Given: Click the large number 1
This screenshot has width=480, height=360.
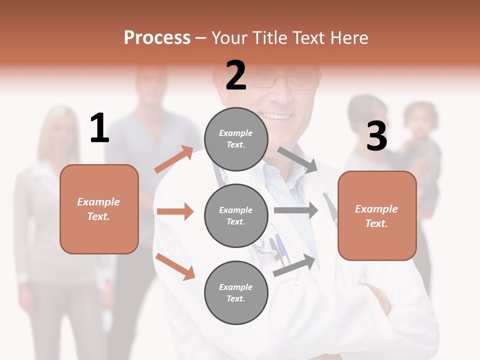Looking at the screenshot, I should [99, 128].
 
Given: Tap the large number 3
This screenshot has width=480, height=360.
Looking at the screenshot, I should [376, 136].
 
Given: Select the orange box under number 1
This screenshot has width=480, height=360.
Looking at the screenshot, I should [99, 209].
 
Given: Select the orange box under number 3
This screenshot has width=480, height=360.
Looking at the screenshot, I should [377, 216].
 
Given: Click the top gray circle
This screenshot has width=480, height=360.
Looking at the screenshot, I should [236, 139].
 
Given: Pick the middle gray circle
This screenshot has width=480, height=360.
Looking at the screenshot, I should [236, 215].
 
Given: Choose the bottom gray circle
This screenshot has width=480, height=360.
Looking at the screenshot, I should [236, 292].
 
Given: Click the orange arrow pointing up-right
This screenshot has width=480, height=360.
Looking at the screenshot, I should [174, 159].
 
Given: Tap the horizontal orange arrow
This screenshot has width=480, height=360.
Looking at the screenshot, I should [175, 211].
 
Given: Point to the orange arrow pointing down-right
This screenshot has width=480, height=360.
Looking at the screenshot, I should [175, 266].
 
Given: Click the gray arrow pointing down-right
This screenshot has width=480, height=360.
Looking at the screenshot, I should [297, 159].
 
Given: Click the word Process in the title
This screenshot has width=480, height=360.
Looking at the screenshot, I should [157, 37].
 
